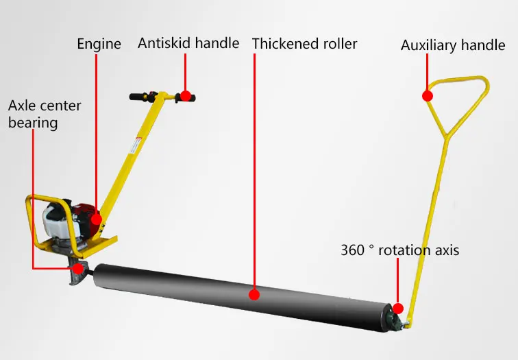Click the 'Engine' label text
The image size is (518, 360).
tap(99, 44)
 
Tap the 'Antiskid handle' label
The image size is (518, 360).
tap(188, 43)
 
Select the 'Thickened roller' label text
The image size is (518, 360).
tap(304, 44)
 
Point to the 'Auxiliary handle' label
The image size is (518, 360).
tap(453, 46)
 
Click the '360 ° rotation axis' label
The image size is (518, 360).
tap(399, 250)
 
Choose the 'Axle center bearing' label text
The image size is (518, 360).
tap(45, 115)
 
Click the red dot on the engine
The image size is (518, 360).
tap(97, 220)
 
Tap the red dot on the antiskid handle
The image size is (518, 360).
tap(185, 95)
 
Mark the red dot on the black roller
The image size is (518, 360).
tap(254, 295)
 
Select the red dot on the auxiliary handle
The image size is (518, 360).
tap(428, 95)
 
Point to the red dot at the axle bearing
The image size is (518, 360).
tap(79, 268)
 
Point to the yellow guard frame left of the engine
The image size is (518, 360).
tap(31, 223)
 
